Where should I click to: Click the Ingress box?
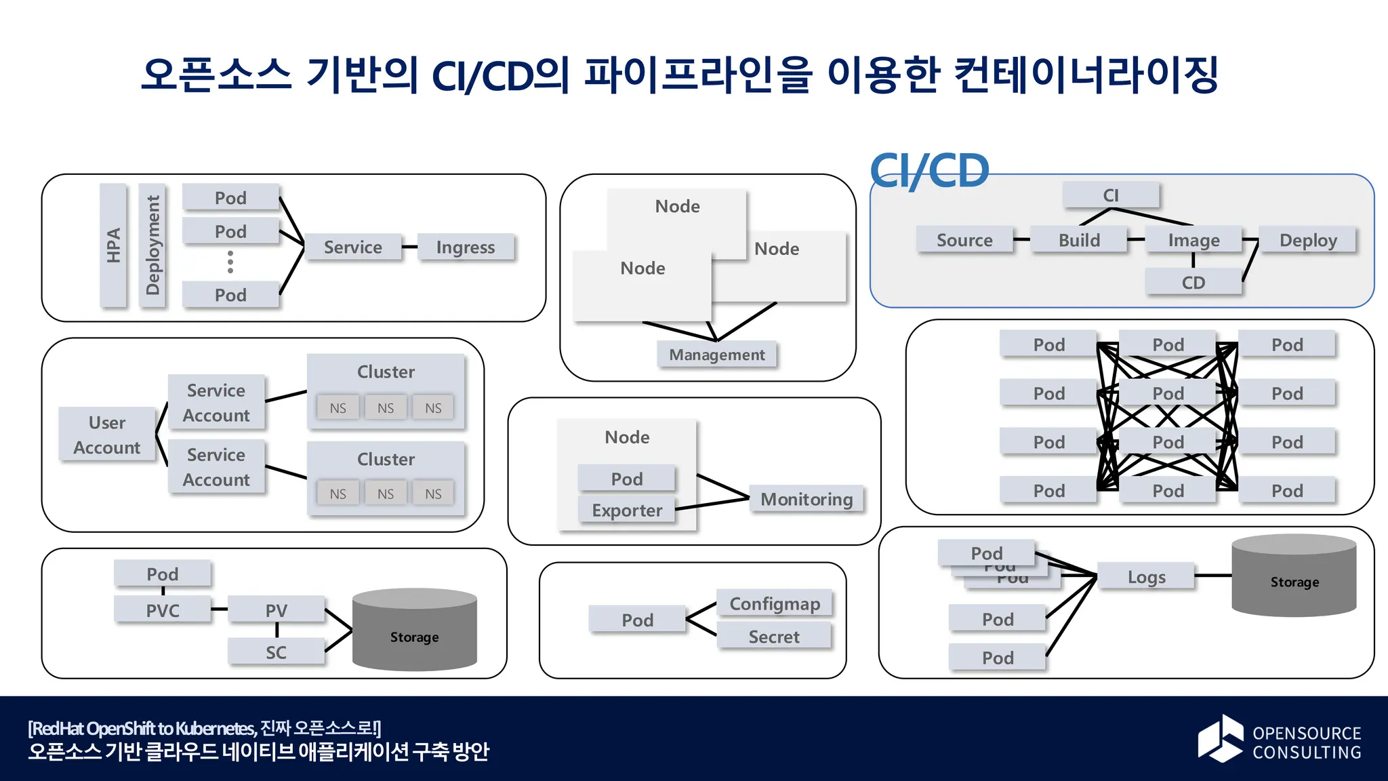tap(466, 247)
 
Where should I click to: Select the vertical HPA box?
tap(113, 245)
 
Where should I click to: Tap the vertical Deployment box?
tap(152, 245)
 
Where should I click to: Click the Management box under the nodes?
tap(716, 355)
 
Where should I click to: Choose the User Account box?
tap(107, 435)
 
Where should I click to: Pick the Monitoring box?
tap(807, 499)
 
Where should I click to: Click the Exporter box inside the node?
tap(627, 510)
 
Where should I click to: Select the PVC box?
tap(163, 610)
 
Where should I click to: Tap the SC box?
tap(276, 652)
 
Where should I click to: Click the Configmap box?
tap(775, 603)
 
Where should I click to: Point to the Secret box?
tap(774, 637)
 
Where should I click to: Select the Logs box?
tap(1146, 576)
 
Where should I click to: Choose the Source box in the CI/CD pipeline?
tap(964, 240)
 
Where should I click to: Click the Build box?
tap(1079, 240)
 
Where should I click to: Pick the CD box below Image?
tap(1193, 282)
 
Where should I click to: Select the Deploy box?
tap(1308, 240)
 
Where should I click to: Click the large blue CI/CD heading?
tap(929, 171)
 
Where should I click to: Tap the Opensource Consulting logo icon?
tap(1220, 739)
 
